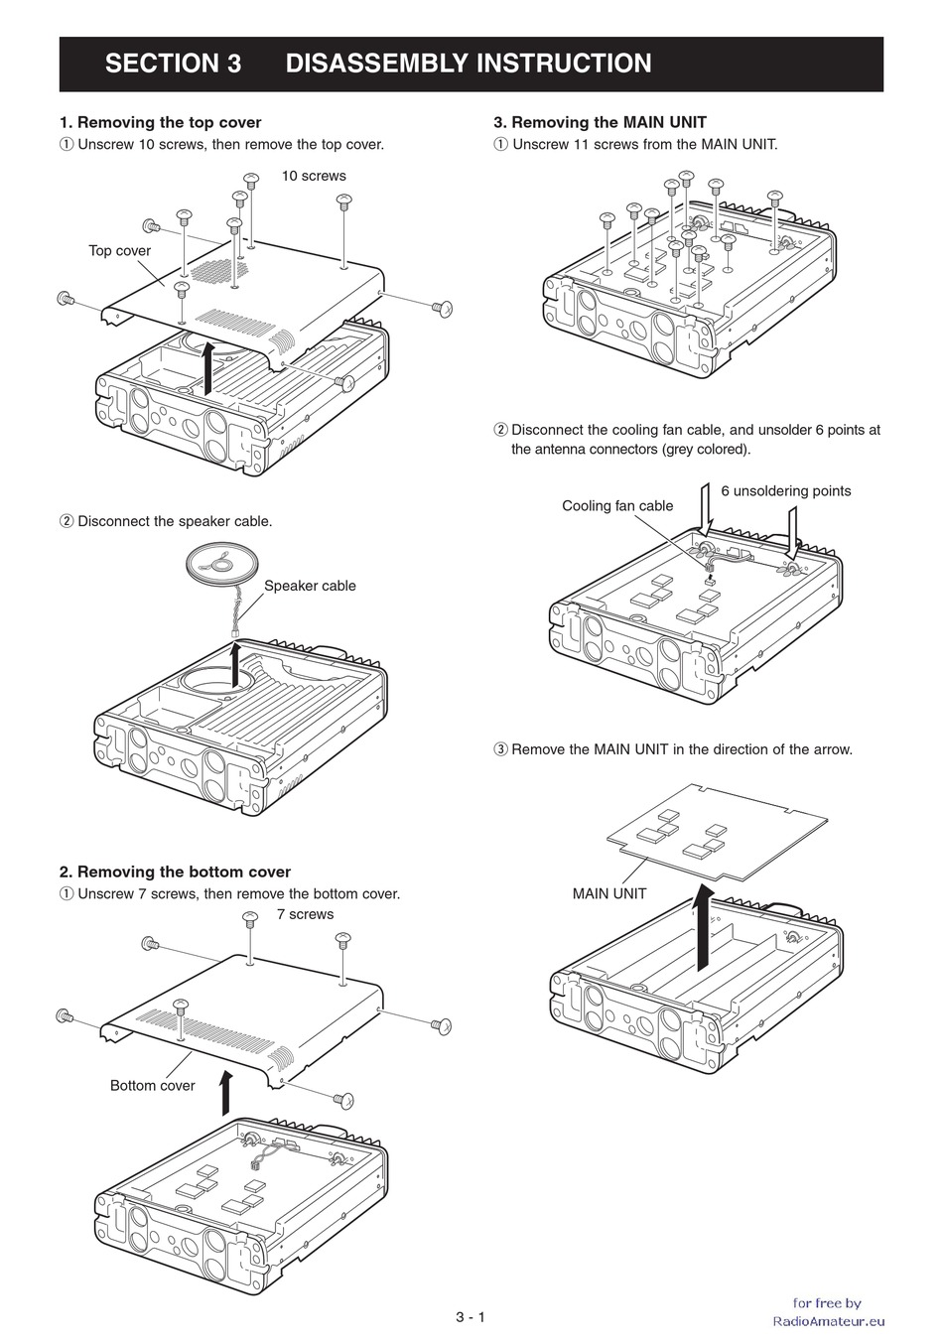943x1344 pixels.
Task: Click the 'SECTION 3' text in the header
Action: coord(173,63)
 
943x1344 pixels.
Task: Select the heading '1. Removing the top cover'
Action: coord(160,122)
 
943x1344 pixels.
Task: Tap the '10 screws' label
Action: coord(314,176)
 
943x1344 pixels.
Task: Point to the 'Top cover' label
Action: coord(119,251)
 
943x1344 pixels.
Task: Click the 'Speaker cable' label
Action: coord(310,586)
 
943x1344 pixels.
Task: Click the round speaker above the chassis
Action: coord(222,565)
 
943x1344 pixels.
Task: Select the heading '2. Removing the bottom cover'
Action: coord(175,872)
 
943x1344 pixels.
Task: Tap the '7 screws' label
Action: coord(306,914)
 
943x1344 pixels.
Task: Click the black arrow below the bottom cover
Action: coord(225,1093)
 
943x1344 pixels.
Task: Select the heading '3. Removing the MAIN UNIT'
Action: coord(600,122)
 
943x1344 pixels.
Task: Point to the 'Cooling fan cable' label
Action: coord(617,506)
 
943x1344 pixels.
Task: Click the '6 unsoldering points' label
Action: coord(786,490)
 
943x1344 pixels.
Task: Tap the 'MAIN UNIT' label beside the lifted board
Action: coord(608,893)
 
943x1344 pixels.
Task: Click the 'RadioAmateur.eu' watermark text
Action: coord(828,1320)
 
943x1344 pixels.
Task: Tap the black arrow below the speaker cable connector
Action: coord(235,665)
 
